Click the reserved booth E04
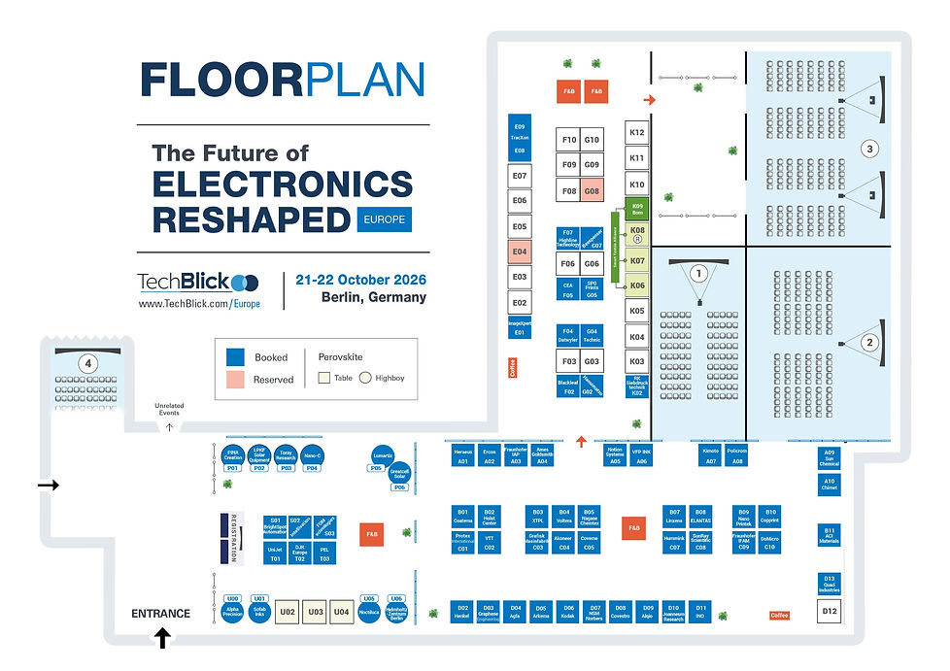[x=520, y=252]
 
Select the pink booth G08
[x=592, y=191]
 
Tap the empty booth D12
[x=829, y=612]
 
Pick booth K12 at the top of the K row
[x=637, y=132]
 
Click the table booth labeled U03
[x=315, y=613]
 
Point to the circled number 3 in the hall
[x=870, y=149]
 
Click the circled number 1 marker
[x=696, y=274]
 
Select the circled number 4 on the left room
[x=88, y=363]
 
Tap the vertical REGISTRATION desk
[x=233, y=538]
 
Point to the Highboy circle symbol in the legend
[x=365, y=379]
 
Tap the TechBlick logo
[x=198, y=282]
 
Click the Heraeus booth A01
[x=462, y=455]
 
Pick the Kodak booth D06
[x=567, y=611]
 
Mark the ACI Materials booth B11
[x=829, y=533]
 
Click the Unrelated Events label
[x=169, y=410]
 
